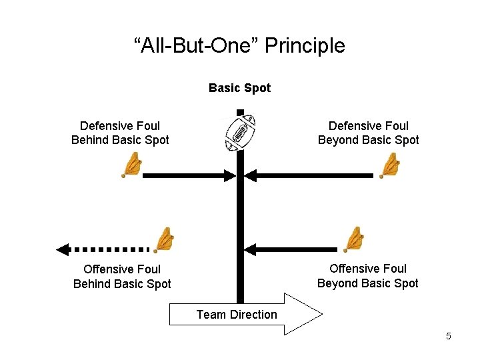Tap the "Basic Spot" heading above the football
point(239,88)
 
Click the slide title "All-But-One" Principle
point(239,46)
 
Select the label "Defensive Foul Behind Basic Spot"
point(120,133)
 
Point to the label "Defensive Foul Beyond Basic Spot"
point(368,133)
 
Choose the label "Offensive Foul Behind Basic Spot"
point(122,277)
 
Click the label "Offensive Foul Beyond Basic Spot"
point(368,276)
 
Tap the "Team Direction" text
point(237,315)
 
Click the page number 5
point(449,336)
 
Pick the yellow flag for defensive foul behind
point(133,165)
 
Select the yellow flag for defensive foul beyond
point(389,165)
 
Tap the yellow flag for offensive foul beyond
point(353,239)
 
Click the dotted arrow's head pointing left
point(63,250)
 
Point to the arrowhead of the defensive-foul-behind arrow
point(231,176)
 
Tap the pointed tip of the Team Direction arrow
point(321,313)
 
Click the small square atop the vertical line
point(240,111)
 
